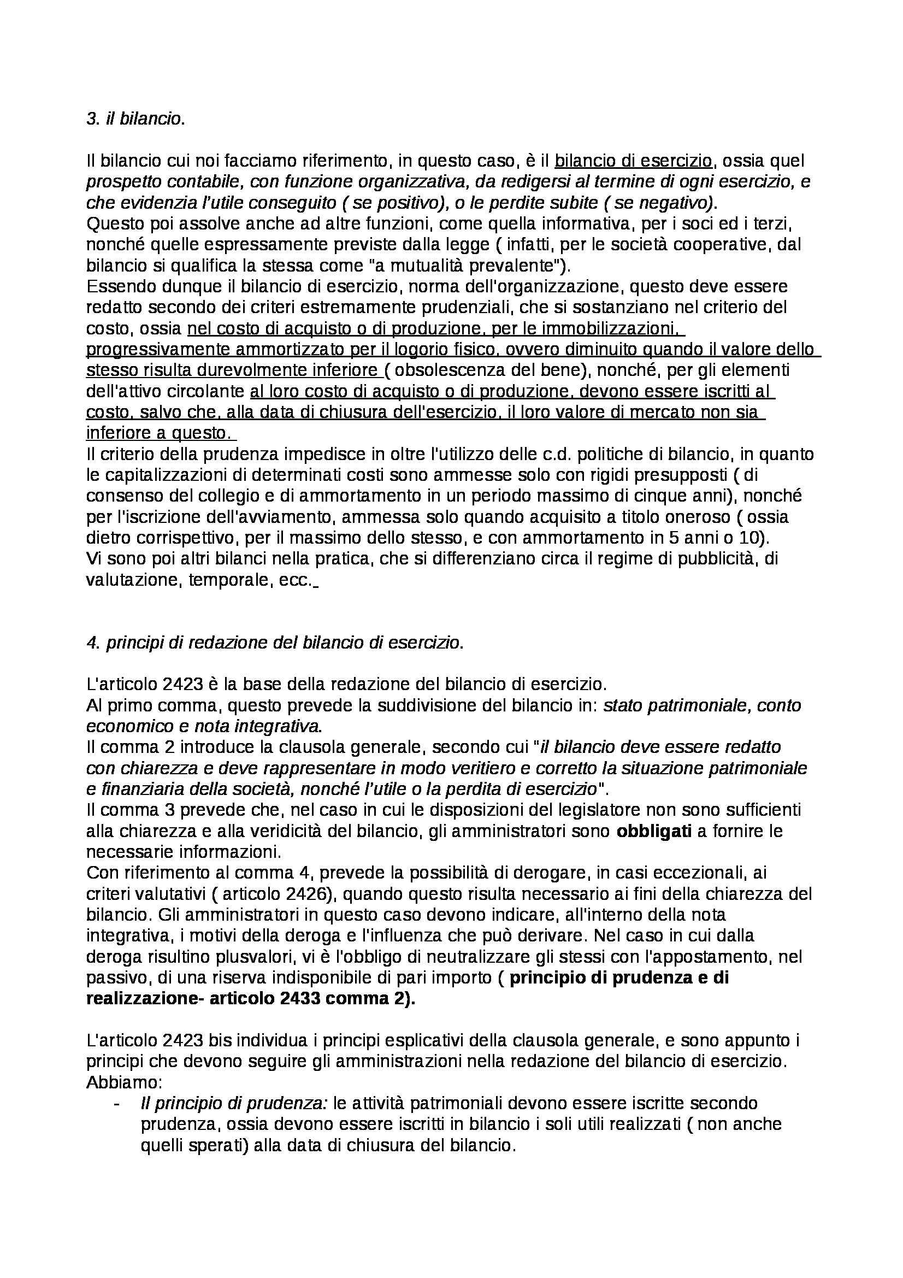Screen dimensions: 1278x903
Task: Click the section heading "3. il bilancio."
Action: tap(135, 119)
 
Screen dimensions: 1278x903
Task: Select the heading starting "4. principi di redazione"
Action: tap(275, 643)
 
